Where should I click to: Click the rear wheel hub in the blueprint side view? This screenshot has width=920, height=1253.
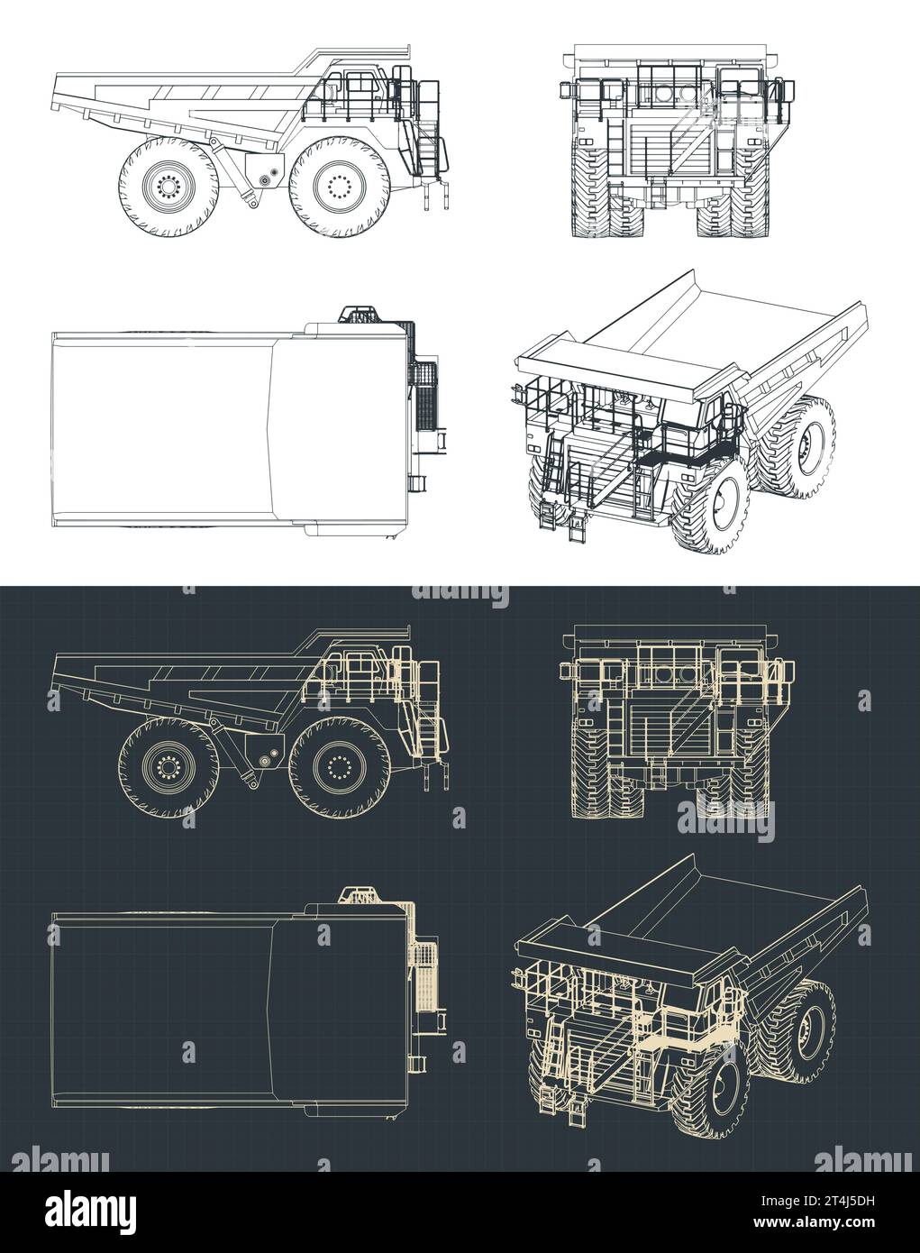(x=167, y=767)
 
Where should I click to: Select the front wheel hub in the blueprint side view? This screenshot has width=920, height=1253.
(x=339, y=767)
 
